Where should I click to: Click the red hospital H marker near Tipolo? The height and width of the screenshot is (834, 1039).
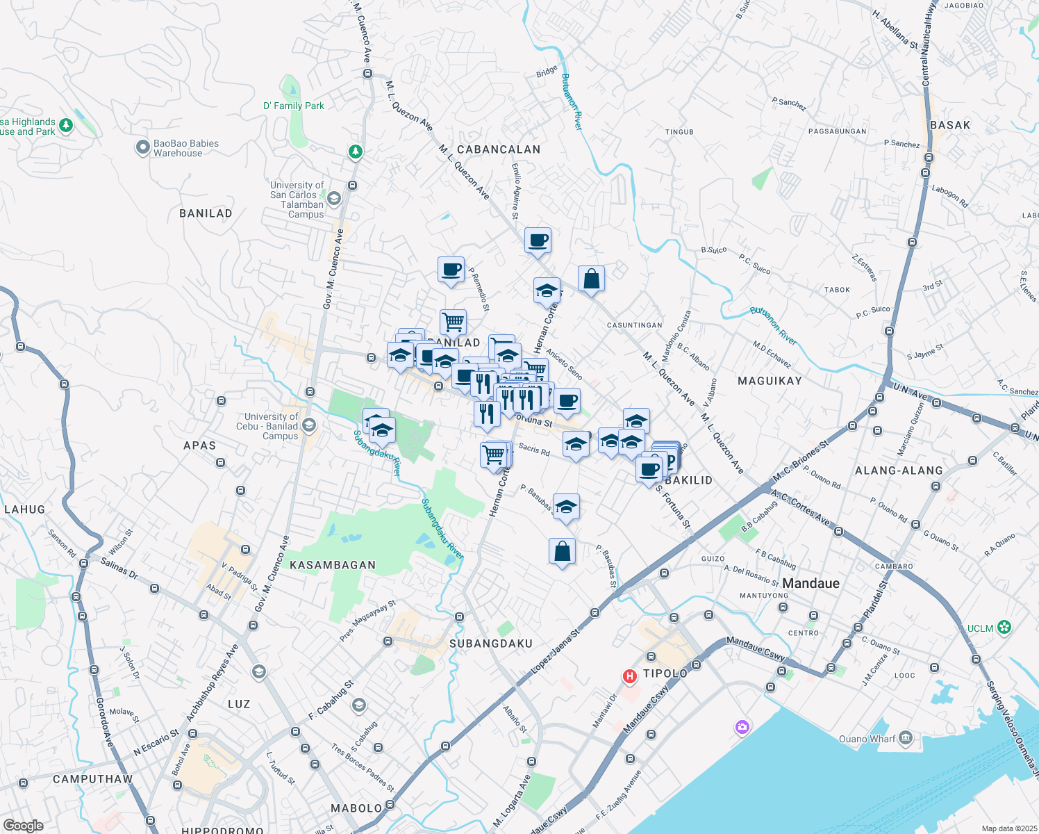(x=630, y=676)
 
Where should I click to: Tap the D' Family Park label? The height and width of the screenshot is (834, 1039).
(x=294, y=106)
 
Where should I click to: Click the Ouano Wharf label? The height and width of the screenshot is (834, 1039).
(x=867, y=739)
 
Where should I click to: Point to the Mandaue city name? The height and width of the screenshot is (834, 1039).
(x=811, y=583)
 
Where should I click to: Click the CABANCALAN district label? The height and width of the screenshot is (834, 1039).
(x=499, y=149)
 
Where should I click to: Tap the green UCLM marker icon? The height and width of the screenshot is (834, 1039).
(x=1004, y=628)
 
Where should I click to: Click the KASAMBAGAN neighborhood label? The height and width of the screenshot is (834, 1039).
(x=333, y=565)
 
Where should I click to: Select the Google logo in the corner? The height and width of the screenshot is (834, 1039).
(x=23, y=826)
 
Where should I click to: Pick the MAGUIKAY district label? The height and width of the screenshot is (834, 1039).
(x=770, y=381)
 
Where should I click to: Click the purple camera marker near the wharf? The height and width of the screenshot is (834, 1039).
(x=742, y=728)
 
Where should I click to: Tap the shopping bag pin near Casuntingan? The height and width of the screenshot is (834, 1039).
(x=591, y=279)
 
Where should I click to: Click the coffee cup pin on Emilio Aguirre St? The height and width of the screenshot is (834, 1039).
(x=538, y=240)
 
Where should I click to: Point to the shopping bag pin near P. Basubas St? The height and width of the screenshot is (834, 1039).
(x=562, y=552)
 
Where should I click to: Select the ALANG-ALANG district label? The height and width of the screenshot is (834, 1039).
(x=899, y=471)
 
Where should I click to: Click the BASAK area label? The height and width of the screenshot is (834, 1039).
(x=950, y=125)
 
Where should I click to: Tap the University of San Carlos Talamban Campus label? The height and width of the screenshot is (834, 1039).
(x=297, y=199)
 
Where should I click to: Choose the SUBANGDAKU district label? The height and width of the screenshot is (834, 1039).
(x=491, y=644)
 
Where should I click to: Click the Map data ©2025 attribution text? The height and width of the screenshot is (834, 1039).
(x=1009, y=828)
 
